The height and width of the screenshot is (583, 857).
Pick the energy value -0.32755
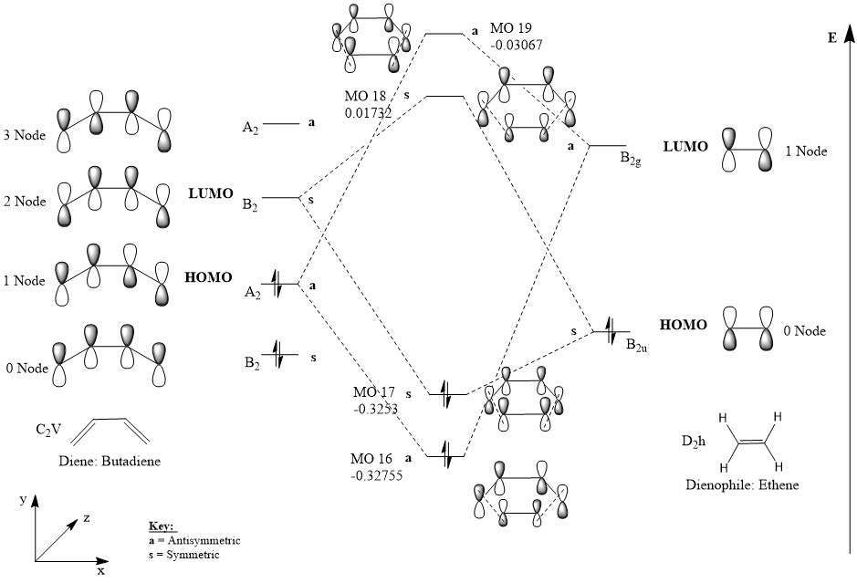(x=375, y=474)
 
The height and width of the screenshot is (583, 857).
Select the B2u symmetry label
(x=637, y=344)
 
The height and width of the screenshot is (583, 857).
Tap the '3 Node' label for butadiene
(x=25, y=137)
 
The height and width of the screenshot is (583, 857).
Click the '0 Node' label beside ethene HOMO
(x=804, y=330)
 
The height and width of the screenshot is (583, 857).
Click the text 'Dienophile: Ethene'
(x=742, y=485)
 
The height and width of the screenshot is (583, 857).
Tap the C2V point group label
(x=47, y=428)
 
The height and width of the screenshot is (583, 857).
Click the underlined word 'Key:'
(x=161, y=527)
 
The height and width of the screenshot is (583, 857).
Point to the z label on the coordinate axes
(x=87, y=517)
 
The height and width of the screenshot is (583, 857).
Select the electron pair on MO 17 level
(x=446, y=393)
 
